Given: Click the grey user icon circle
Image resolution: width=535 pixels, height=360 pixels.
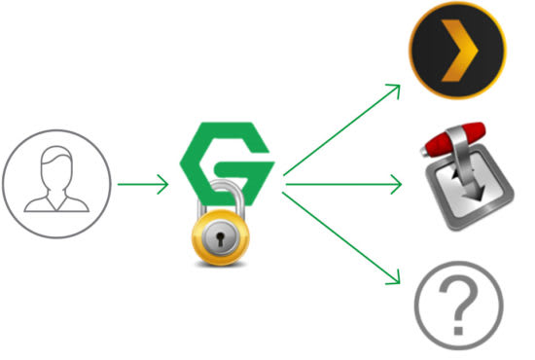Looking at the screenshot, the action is [x=53, y=183].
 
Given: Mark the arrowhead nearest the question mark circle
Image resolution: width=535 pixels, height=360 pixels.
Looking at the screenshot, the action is [x=394, y=279].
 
